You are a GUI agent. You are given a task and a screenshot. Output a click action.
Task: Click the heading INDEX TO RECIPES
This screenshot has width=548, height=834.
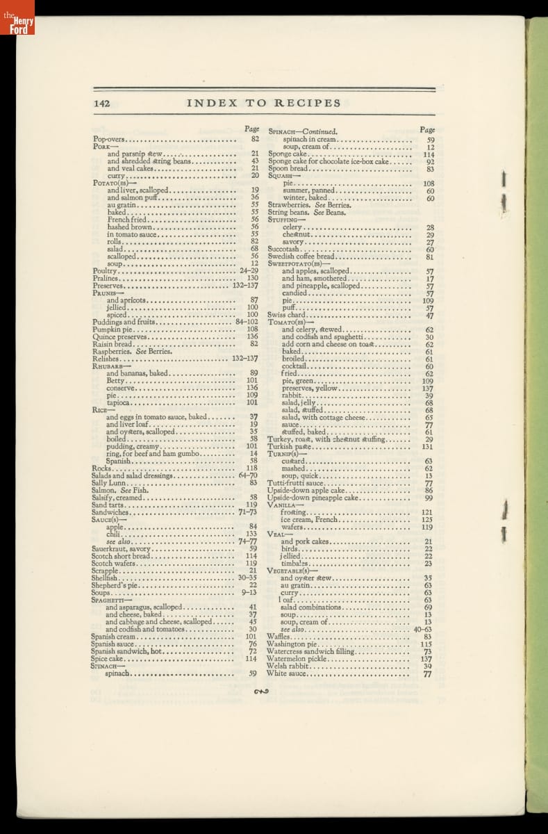coord(263,103)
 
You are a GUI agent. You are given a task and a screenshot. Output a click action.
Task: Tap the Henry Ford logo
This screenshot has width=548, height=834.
coord(17,17)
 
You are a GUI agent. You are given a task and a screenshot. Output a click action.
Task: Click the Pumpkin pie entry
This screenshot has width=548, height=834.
coord(113,329)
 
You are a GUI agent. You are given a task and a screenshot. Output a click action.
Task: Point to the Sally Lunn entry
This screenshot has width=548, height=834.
coord(108,482)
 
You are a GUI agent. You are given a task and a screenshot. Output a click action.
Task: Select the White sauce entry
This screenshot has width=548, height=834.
coord(286,673)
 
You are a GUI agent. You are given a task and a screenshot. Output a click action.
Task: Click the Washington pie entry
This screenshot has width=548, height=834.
coord(292,644)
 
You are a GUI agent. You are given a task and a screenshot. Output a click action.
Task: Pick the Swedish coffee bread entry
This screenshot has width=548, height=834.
coord(301,256)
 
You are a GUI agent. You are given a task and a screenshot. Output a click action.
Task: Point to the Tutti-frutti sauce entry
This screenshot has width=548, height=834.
coord(296,482)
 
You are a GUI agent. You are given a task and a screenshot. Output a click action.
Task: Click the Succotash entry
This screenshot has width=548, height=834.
coord(283,249)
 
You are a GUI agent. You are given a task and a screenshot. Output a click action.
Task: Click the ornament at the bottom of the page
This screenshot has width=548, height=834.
coord(261,691)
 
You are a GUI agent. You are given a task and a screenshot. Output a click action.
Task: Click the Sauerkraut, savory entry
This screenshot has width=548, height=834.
coord(121,548)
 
